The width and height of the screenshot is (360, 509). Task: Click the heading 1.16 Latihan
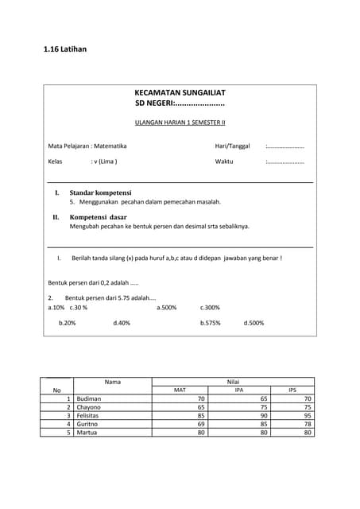click(x=65, y=50)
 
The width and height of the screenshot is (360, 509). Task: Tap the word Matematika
click(x=110, y=146)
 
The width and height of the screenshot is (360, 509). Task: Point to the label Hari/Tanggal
click(x=232, y=146)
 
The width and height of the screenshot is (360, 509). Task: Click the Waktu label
click(x=224, y=161)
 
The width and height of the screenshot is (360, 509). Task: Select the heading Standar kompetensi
click(x=100, y=193)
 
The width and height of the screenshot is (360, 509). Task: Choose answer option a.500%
click(x=166, y=307)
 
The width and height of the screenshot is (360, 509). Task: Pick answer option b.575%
click(x=211, y=324)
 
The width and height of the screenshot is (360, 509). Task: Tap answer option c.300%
click(x=210, y=307)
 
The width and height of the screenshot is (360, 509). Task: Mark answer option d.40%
click(x=122, y=324)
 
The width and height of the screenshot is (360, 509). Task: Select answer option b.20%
click(x=67, y=324)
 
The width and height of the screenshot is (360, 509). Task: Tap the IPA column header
click(x=239, y=390)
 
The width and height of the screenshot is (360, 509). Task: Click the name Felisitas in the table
click(x=91, y=415)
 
